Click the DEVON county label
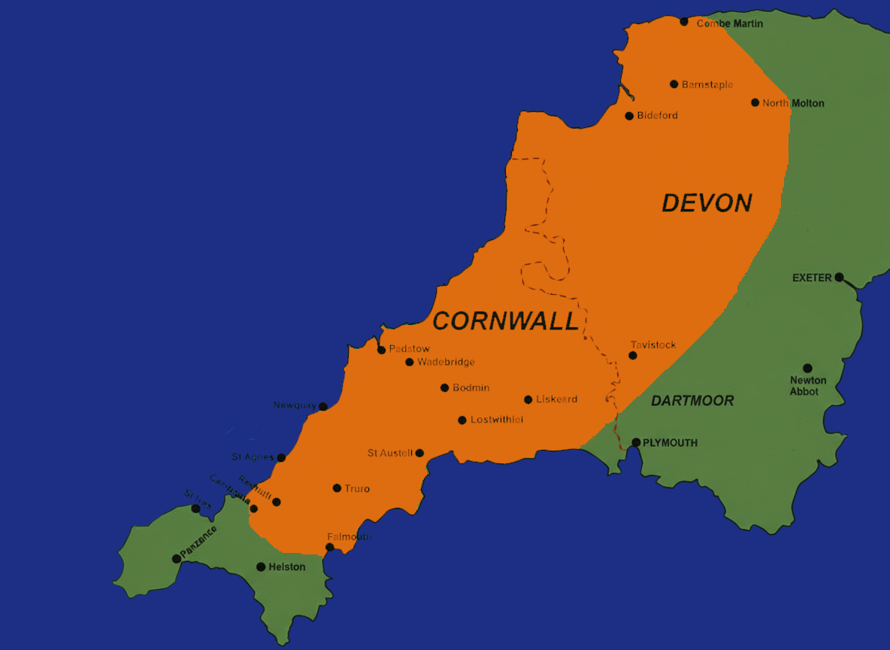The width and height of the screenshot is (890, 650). [x=707, y=203]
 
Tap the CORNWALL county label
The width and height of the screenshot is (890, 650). [x=506, y=321]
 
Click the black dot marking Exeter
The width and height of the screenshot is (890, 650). [x=839, y=277]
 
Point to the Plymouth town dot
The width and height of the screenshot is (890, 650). [x=636, y=442]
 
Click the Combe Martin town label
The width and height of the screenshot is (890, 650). [x=729, y=24]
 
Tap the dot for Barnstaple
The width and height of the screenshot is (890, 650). [x=674, y=84]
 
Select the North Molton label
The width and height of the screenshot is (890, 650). [x=793, y=104]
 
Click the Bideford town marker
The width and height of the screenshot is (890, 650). [x=629, y=116]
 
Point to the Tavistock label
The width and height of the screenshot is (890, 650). [x=653, y=345]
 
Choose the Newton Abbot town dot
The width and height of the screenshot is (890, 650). [x=807, y=369]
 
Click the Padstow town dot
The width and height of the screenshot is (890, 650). [x=382, y=350]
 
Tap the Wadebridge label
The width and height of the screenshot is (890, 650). [x=446, y=363]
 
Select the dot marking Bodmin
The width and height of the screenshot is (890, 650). [x=444, y=388]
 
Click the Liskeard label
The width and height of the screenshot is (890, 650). [x=556, y=399]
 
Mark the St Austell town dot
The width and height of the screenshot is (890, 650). [x=419, y=453]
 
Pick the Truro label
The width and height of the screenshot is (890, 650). [x=357, y=489]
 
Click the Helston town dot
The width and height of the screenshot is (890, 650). [x=261, y=566]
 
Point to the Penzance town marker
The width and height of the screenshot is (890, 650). [x=177, y=558]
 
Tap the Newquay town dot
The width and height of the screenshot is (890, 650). [x=323, y=406]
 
